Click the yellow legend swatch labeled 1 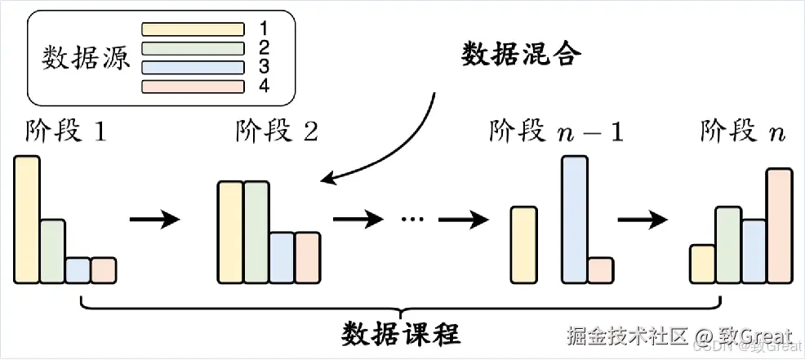tap(193, 29)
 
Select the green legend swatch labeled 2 tap(193, 47)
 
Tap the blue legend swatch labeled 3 tap(193, 67)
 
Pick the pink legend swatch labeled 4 tap(193, 86)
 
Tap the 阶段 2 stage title tap(276, 131)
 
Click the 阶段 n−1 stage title tap(556, 131)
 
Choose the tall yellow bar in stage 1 tap(26, 219)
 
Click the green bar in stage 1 tap(52, 250)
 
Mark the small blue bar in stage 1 tap(78, 269)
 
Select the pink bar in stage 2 tap(308, 257)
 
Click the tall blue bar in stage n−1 tap(575, 219)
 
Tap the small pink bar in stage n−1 tap(600, 269)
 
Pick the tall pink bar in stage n tap(779, 224)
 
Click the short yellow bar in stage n tap(702, 262)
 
